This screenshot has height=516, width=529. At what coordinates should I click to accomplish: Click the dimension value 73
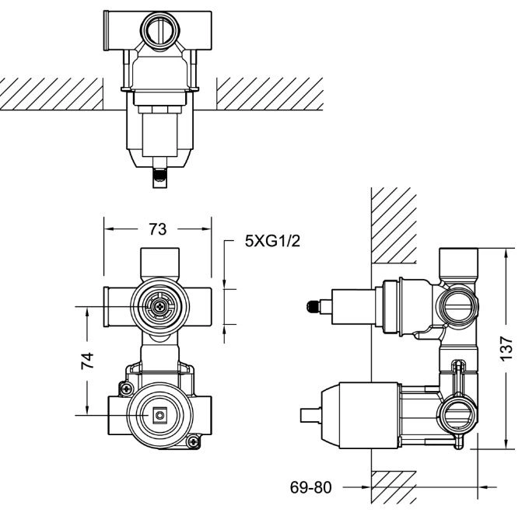tap(158, 229)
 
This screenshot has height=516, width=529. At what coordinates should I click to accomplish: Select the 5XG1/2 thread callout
tap(272, 241)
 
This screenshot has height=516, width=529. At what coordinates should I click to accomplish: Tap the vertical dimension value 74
tap(87, 361)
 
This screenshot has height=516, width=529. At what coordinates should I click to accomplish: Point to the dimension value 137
tap(506, 348)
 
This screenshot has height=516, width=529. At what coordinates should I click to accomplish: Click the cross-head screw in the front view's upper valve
tap(158, 306)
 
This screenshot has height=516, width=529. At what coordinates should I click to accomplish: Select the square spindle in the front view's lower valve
tap(159, 415)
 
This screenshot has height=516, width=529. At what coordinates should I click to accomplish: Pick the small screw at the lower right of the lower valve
tap(193, 441)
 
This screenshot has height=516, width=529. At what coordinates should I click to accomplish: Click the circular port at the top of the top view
tap(160, 31)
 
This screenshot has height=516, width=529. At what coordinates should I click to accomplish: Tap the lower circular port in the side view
tap(458, 417)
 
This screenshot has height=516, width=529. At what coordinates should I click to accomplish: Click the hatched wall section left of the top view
tap(51, 94)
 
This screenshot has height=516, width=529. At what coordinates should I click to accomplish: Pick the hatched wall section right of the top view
tap(270, 94)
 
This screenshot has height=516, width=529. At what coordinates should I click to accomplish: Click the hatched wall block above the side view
tap(394, 225)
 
